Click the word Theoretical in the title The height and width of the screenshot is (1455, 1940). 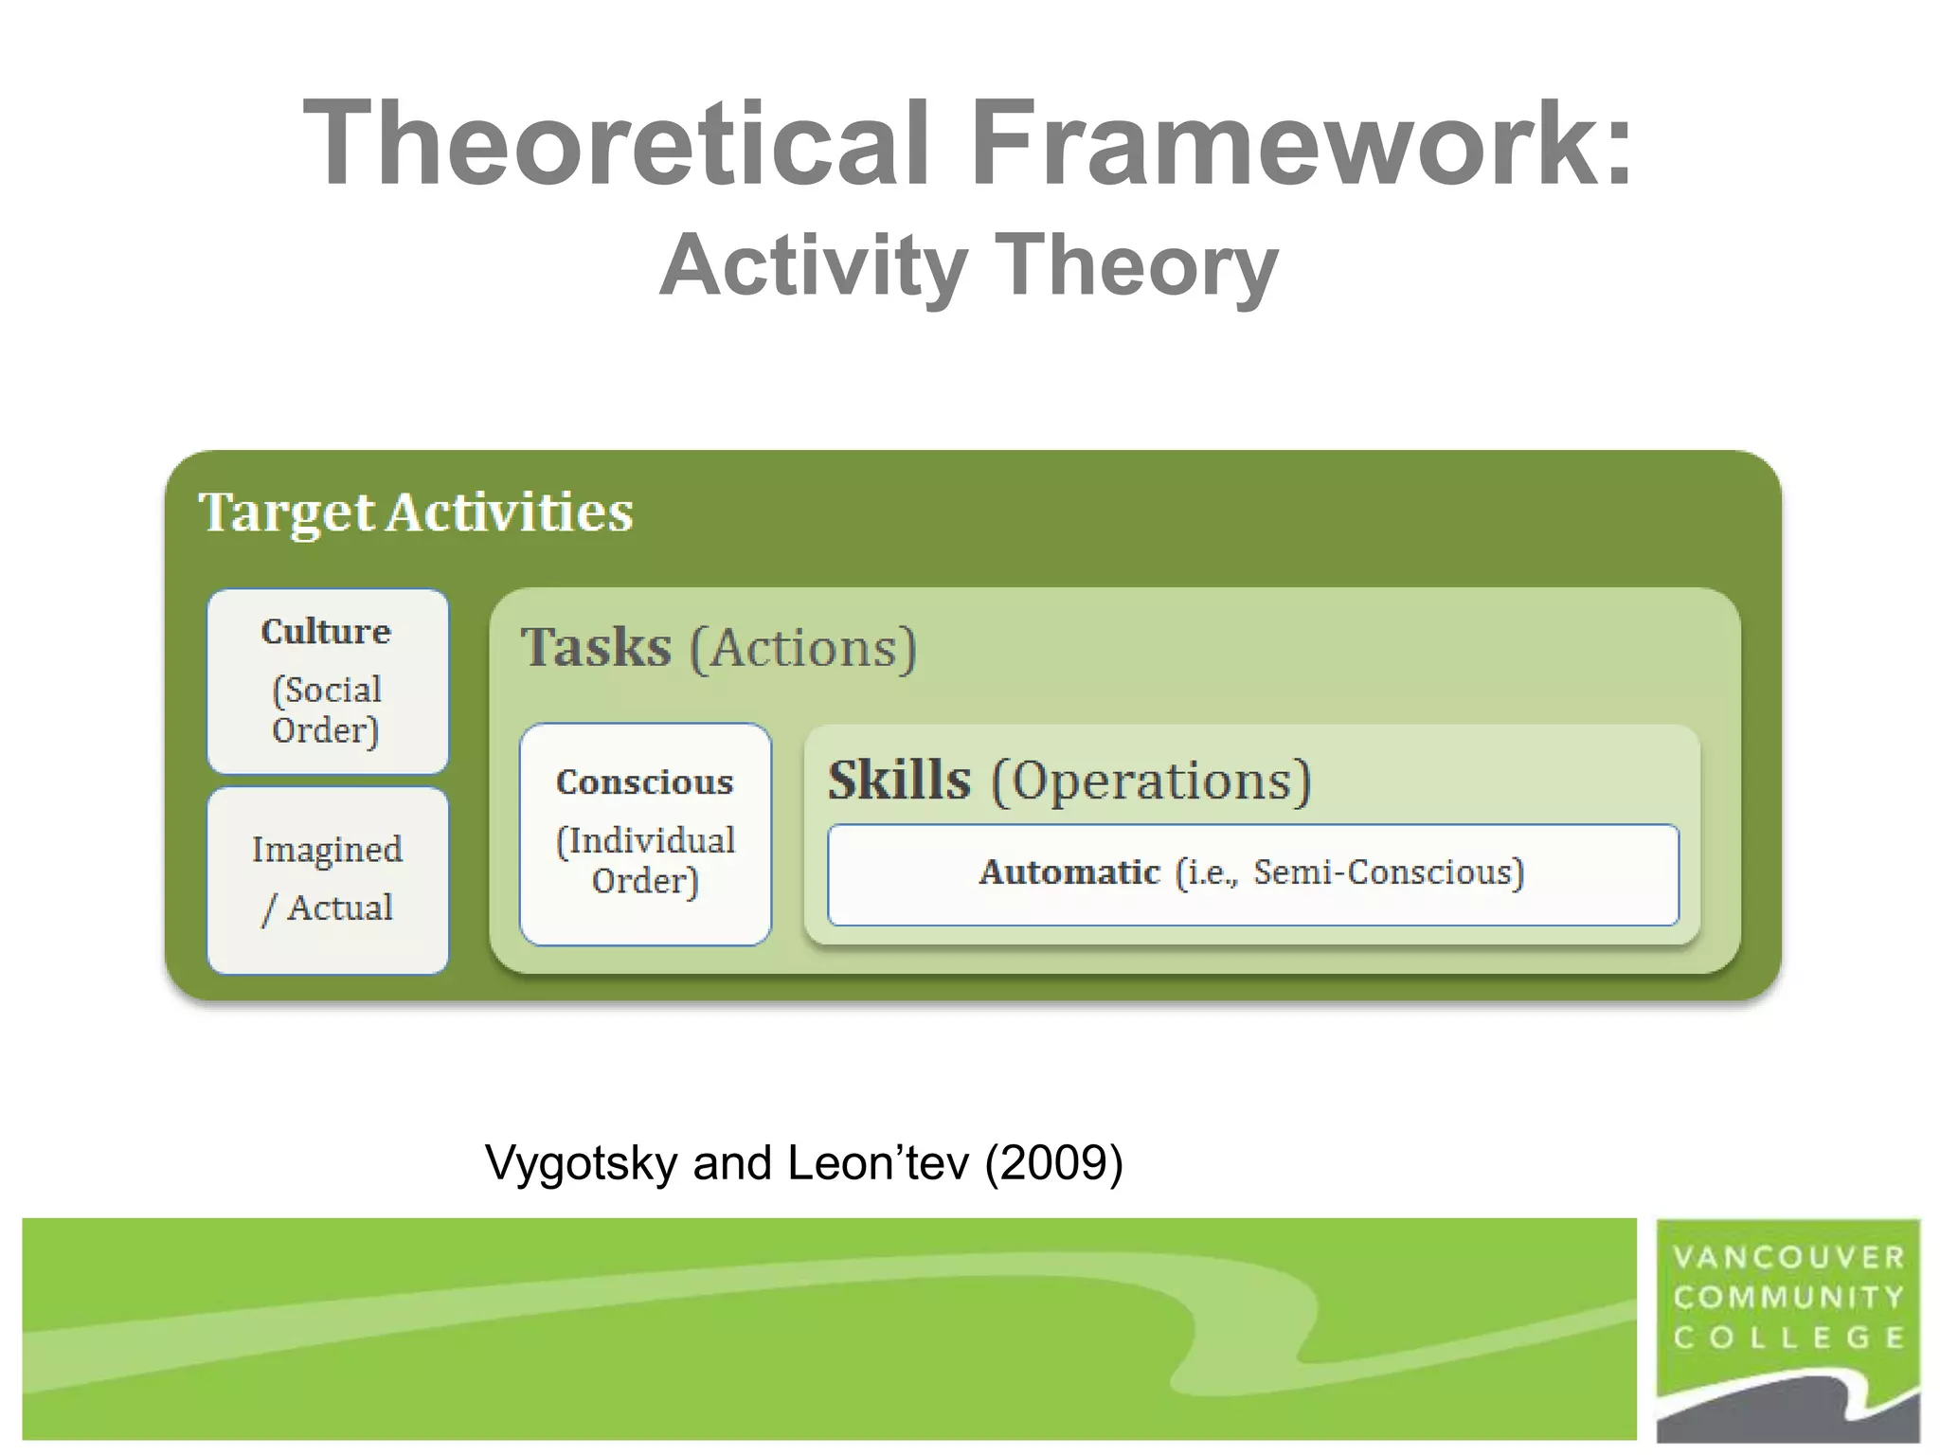point(616,144)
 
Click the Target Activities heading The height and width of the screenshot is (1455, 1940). point(415,512)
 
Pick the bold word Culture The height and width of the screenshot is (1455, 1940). point(326,632)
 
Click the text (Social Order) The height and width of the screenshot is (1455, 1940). point(326,710)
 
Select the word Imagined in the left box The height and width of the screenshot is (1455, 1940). point(327,850)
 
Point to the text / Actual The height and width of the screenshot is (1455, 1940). point(327,907)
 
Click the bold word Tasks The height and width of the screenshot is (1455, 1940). point(596,648)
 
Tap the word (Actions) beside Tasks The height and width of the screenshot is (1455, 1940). point(803,648)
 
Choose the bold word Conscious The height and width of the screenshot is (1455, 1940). point(644,782)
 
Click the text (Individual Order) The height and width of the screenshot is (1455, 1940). point(645,860)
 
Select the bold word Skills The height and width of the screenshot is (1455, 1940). point(899,781)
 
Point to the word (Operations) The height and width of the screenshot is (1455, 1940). point(1151,781)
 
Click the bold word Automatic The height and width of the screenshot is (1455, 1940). point(1069,871)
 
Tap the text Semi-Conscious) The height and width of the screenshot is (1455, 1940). point(1389,871)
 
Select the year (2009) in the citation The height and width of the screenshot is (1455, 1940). point(1053,1162)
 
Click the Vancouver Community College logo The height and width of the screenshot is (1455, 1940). point(1787,1330)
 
